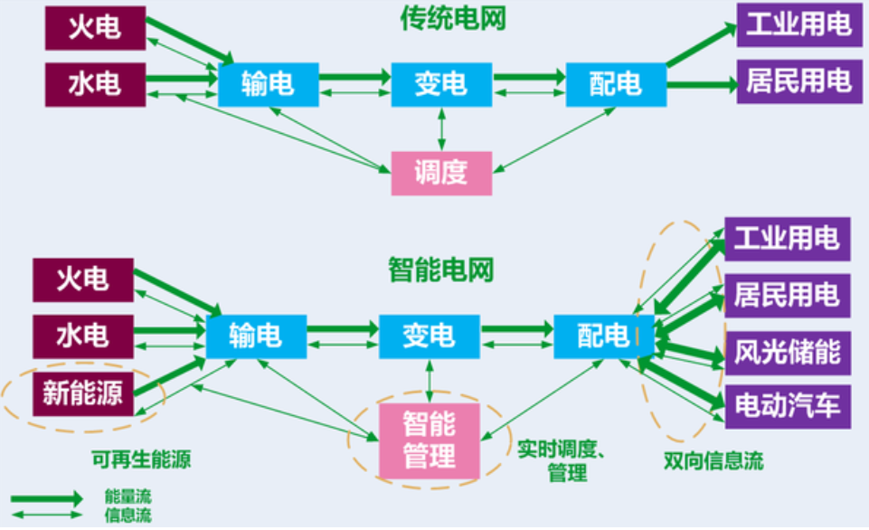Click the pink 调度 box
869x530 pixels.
[x=441, y=173]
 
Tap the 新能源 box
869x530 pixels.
[x=83, y=393]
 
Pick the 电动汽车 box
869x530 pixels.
[x=787, y=405]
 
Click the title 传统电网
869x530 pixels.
[x=441, y=21]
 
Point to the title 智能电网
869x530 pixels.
[x=441, y=269]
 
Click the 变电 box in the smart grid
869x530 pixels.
[x=430, y=336]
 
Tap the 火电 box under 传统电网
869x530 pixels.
[x=95, y=28]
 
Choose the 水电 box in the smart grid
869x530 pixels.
[x=83, y=336]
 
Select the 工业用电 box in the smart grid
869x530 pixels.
[x=787, y=240]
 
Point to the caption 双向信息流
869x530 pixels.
[x=713, y=460]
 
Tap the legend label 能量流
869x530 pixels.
[x=118, y=498]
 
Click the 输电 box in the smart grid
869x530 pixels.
[x=256, y=336]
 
